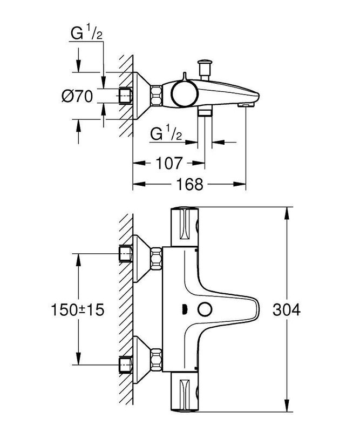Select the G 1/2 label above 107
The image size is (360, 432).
[168, 133]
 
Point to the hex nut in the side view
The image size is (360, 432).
[157, 96]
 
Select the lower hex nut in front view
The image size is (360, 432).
[157, 360]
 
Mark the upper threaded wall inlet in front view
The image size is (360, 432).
[126, 252]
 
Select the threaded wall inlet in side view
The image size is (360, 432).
[126, 96]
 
